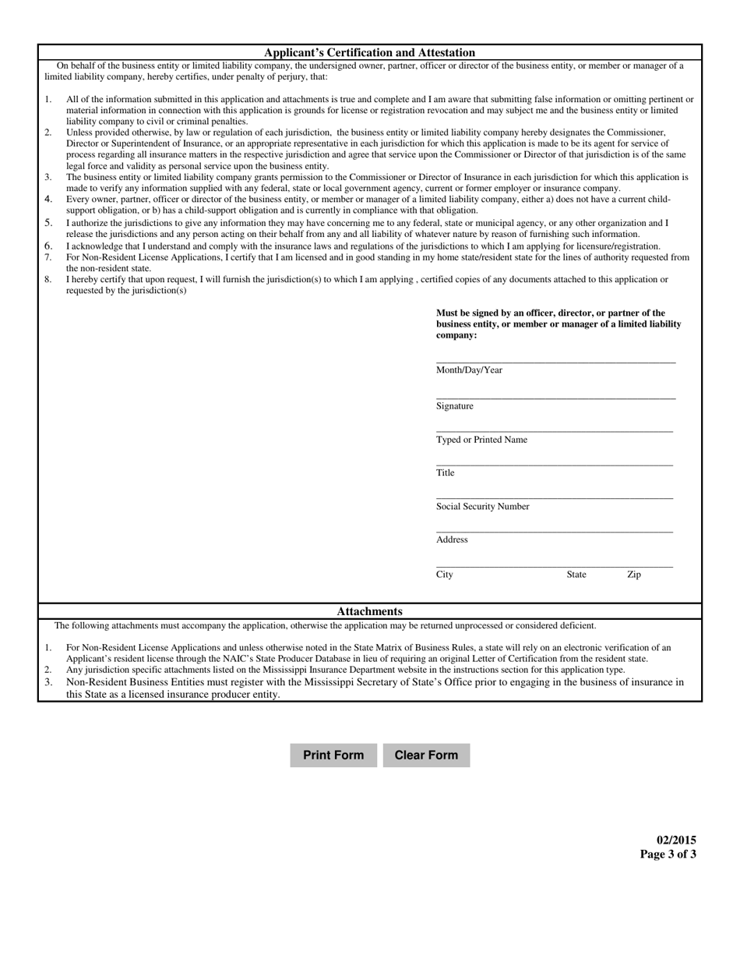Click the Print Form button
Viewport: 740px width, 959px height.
point(333,755)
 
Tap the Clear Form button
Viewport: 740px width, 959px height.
point(426,755)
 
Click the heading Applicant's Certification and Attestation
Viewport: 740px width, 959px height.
point(369,52)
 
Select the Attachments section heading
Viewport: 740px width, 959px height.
point(369,611)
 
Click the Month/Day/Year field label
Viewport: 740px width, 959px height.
point(469,370)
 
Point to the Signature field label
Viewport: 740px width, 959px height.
point(455,406)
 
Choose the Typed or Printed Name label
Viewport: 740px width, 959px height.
point(481,440)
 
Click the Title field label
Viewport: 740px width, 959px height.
point(446,473)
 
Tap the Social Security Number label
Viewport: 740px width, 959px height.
point(482,507)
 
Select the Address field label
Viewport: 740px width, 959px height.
point(452,540)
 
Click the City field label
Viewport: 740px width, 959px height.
point(445,575)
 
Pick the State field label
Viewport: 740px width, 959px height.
point(576,575)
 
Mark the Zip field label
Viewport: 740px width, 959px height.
point(634,575)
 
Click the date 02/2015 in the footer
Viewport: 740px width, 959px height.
point(676,840)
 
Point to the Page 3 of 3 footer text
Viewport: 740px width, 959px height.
point(668,854)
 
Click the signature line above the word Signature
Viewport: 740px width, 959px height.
point(555,398)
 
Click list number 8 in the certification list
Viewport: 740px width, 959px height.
point(48,279)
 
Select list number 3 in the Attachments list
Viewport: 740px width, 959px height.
point(48,682)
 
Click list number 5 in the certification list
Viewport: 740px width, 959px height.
point(48,223)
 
